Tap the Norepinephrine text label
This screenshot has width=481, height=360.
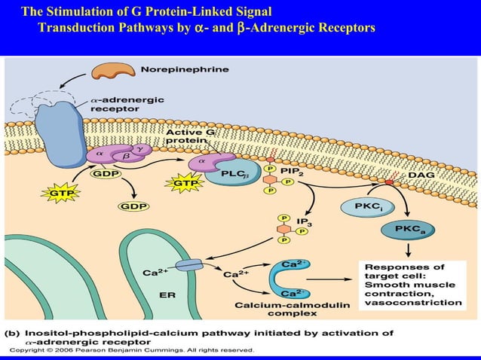click(185, 69)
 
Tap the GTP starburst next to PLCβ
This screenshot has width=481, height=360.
click(184, 182)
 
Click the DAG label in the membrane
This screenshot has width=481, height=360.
click(421, 175)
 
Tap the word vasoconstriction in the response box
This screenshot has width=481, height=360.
click(413, 302)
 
